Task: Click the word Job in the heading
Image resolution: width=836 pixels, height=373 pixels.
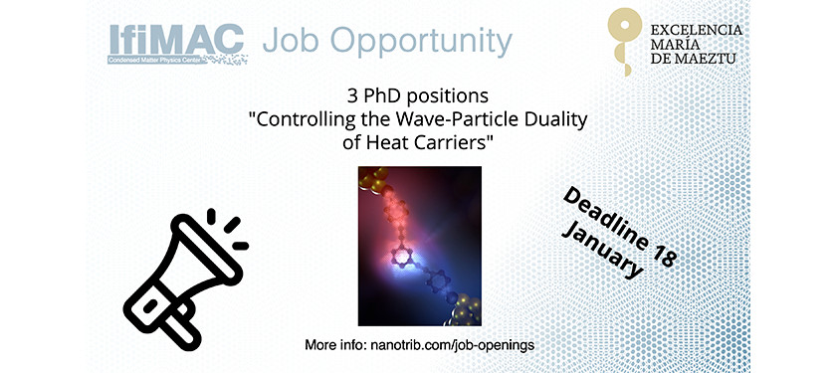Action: (x=295, y=41)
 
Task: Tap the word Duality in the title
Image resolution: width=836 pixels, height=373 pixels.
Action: (x=553, y=120)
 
